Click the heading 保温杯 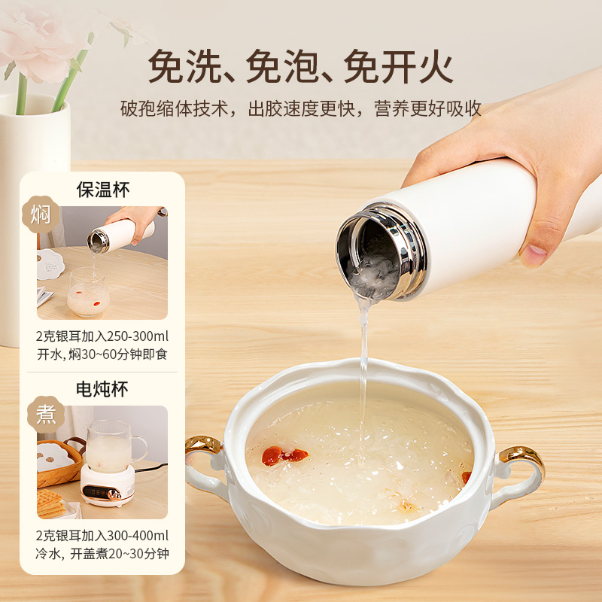pyautogui.click(x=103, y=190)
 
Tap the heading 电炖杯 pyautogui.click(x=102, y=389)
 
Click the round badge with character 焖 pyautogui.click(x=41, y=214)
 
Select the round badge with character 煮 pyautogui.click(x=46, y=415)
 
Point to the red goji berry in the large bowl pyautogui.click(x=284, y=456)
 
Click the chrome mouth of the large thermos pyautogui.click(x=380, y=251)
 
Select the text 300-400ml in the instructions pyautogui.click(x=138, y=535)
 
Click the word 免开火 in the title pyautogui.click(x=398, y=66)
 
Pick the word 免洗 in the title pyautogui.click(x=185, y=66)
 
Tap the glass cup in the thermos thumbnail pyautogui.click(x=88, y=292)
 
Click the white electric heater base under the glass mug pyautogui.click(x=108, y=485)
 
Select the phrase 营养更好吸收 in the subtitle pyautogui.click(x=427, y=108)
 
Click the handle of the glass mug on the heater pyautogui.click(x=140, y=448)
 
